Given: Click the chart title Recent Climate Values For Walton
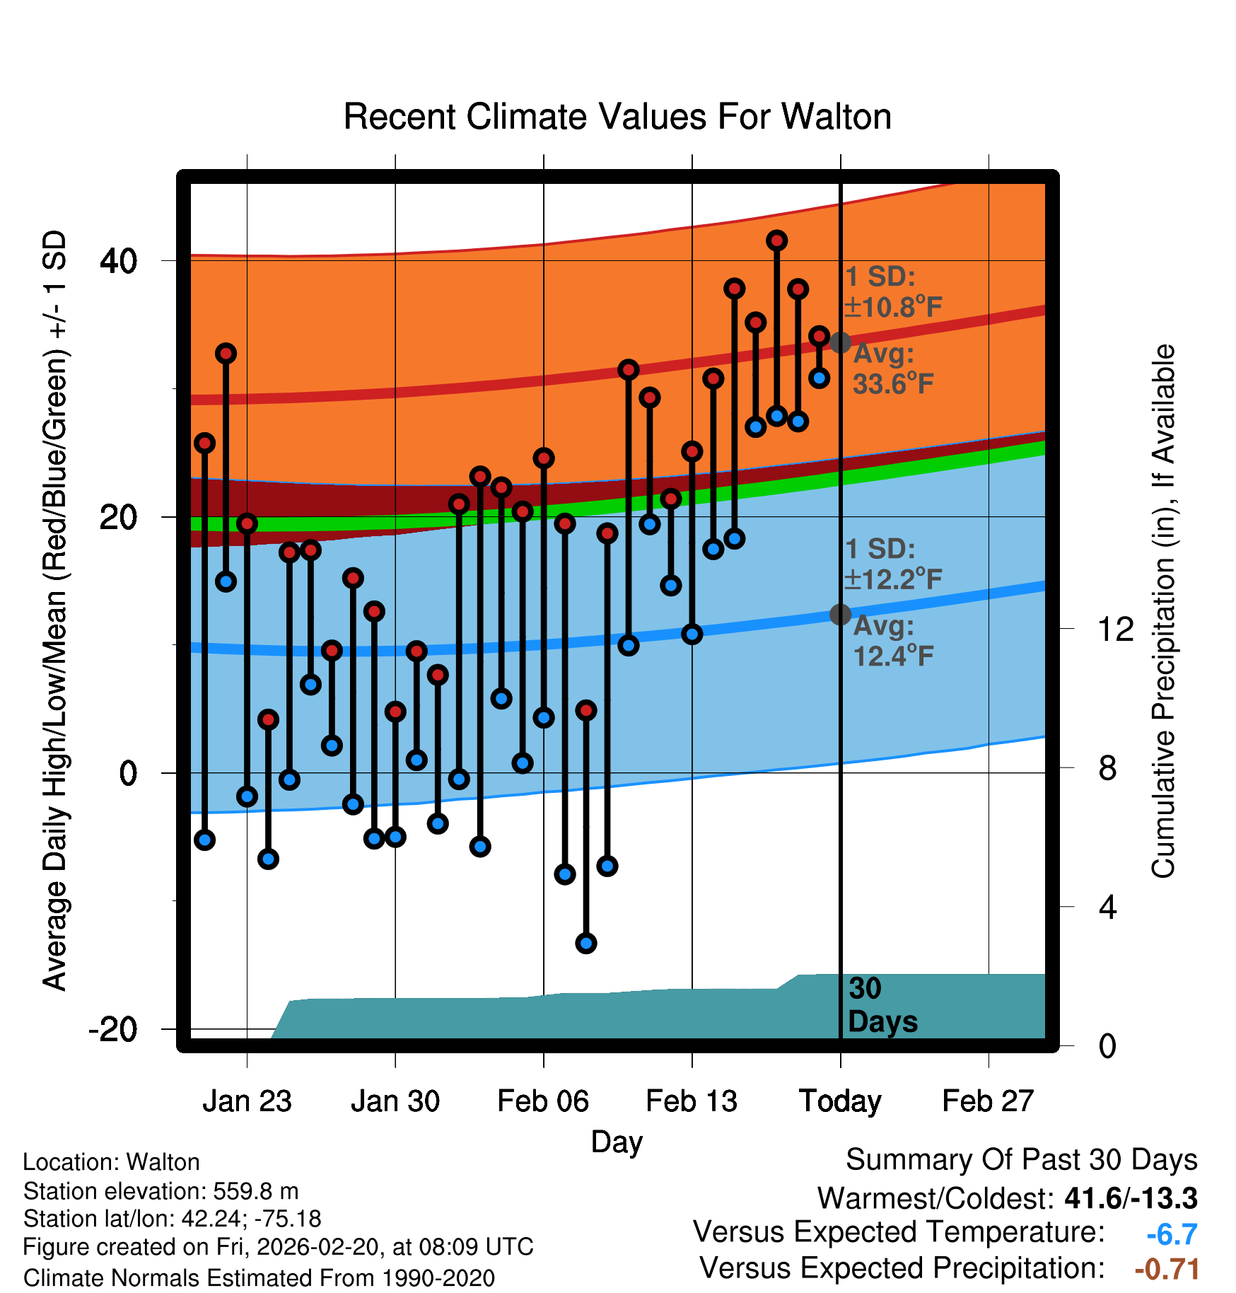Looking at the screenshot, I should [x=617, y=117].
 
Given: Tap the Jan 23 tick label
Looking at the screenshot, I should [x=247, y=1101].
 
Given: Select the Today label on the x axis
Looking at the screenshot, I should [x=840, y=1101].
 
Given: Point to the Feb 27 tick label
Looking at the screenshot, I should [x=988, y=1101].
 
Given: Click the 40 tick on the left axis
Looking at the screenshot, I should [x=119, y=261].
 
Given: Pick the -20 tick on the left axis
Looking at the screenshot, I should [x=113, y=1029].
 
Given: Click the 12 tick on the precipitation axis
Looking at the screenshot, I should [x=1116, y=629].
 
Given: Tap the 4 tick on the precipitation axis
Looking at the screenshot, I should [x=1108, y=907].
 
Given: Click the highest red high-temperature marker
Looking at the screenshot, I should [x=777, y=240].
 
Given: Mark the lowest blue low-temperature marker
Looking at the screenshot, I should [x=586, y=943].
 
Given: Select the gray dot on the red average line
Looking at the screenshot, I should [x=840, y=343].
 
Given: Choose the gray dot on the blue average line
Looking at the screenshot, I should [x=840, y=615].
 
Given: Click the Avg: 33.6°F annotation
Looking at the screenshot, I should [x=892, y=369].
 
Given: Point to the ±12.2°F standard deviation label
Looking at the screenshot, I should [x=894, y=579].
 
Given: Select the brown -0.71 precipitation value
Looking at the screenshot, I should [x=1167, y=1269].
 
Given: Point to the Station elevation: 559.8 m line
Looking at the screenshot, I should [x=161, y=1191].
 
